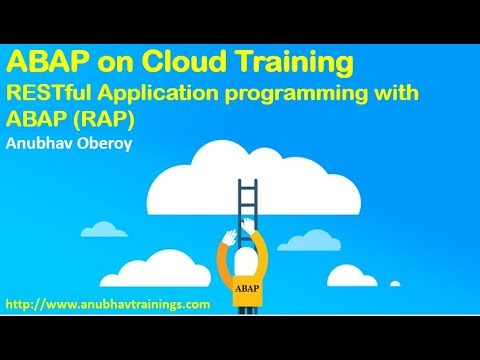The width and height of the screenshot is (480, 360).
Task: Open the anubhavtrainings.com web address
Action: click(x=108, y=302)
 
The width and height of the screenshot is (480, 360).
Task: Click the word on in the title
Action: click(x=110, y=64)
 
